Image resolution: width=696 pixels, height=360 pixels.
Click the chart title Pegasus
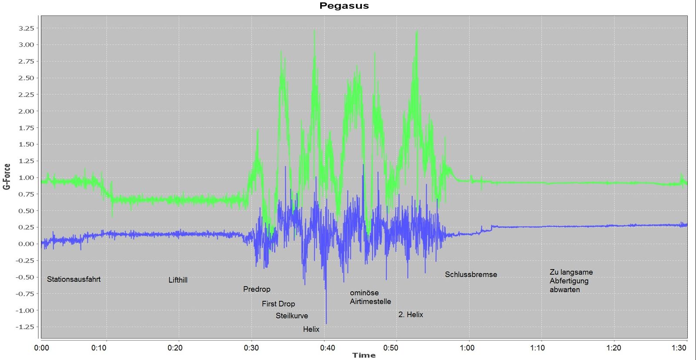coord(344,6)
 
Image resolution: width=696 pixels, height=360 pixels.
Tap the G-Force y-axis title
coord(7,177)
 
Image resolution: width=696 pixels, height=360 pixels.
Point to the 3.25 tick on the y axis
coord(26,28)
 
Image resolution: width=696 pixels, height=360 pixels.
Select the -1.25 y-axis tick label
coord(25,327)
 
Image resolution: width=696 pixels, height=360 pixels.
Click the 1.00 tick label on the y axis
coord(26,177)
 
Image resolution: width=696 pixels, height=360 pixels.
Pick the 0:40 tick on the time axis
coord(328,348)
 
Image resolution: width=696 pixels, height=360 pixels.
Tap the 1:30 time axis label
coord(679,348)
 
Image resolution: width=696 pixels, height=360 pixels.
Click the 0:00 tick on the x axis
coord(42,348)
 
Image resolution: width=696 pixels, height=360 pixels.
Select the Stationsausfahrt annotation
coord(74,279)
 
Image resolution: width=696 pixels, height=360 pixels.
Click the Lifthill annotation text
coord(178,280)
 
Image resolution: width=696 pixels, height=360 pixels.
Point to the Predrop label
coord(257,289)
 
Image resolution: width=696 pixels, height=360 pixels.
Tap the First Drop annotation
coord(278,304)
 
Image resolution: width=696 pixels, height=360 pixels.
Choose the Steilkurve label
coord(292,316)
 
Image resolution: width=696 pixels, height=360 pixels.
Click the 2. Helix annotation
coord(411,314)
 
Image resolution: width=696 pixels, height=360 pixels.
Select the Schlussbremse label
coord(471,274)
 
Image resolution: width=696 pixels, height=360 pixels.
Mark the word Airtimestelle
coord(370,301)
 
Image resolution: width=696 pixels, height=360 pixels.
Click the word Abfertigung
coord(569,281)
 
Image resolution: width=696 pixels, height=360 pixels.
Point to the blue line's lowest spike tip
coord(326,323)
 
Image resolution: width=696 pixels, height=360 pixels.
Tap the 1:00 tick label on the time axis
coord(467,348)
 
